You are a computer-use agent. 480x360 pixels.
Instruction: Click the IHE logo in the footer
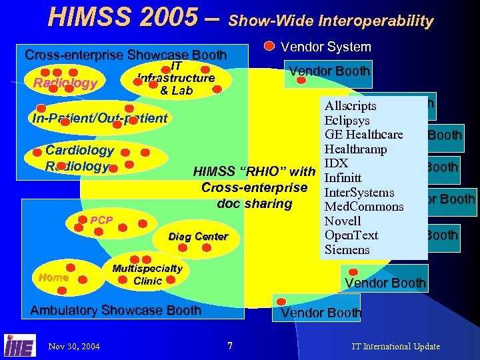point(20,345)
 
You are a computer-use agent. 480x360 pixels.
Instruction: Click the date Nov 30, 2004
point(74,346)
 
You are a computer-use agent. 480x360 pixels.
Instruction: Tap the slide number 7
point(229,345)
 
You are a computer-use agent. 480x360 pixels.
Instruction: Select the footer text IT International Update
point(395,346)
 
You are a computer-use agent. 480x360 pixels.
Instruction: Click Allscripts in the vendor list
point(350,106)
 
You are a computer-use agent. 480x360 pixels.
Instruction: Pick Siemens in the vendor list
point(346,250)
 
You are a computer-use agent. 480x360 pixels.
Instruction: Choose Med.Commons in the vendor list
point(363,207)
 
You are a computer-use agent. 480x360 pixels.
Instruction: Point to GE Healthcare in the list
point(363,135)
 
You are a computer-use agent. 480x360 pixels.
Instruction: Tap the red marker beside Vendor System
point(269,46)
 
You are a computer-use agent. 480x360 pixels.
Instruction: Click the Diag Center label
point(198,237)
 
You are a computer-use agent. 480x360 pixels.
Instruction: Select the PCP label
point(101,220)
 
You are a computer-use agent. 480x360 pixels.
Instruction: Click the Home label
point(53,277)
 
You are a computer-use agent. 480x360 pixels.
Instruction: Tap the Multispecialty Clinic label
point(147,275)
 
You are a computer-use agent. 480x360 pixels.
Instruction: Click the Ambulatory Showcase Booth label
point(116,310)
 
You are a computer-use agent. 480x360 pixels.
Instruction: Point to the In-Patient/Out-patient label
point(99,118)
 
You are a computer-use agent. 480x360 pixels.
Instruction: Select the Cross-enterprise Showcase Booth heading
point(125,55)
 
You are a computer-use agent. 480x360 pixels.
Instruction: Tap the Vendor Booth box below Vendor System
point(329,71)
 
